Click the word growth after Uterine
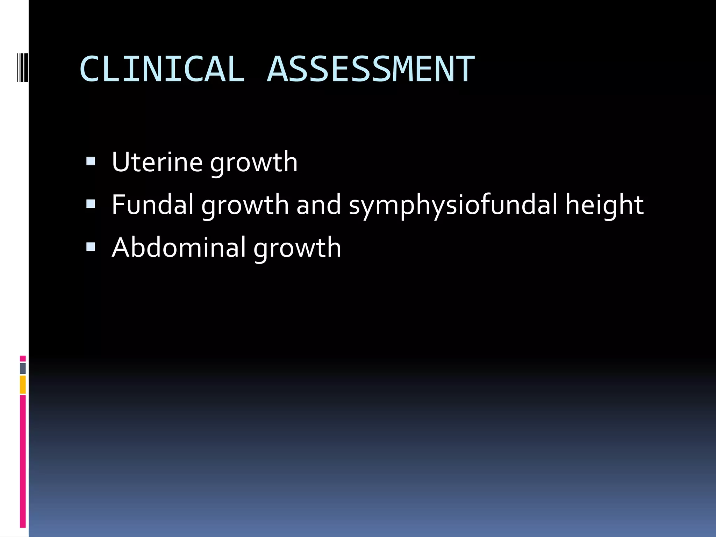point(254,163)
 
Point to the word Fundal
point(152,205)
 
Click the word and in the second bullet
point(318,205)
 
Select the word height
point(604,206)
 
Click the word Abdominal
point(179,248)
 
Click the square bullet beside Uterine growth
point(91,161)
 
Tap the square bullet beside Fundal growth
point(91,204)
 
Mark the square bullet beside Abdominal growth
point(91,247)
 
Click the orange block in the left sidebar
point(23,385)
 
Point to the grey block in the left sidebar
point(23,368)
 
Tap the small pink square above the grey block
point(23,358)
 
